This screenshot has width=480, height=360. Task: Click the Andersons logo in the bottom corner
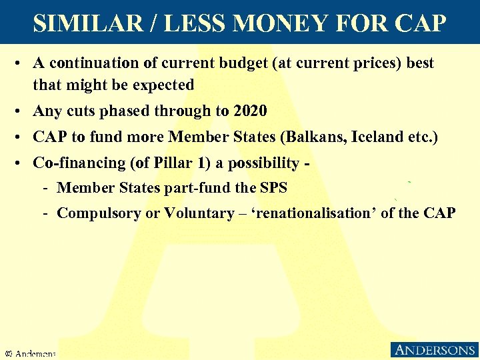click(x=433, y=350)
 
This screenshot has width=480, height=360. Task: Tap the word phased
click(x=136, y=111)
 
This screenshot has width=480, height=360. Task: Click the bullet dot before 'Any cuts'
click(x=22, y=111)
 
